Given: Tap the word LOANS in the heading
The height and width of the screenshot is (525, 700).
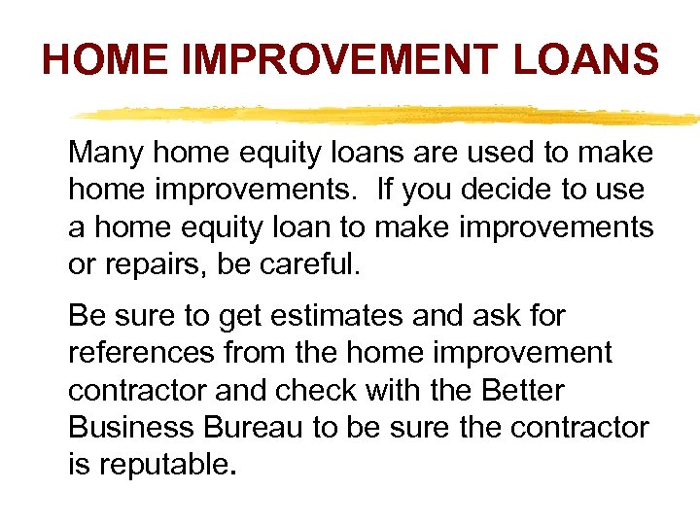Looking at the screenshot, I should (x=585, y=60).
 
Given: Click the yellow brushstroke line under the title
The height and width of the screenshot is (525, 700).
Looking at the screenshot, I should (x=389, y=114).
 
